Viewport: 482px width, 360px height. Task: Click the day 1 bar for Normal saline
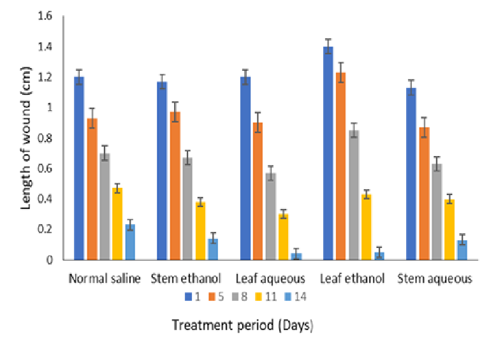pos(79,168)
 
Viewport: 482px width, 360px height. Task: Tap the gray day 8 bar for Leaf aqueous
pos(270,216)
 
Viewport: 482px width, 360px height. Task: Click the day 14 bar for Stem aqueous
pos(462,250)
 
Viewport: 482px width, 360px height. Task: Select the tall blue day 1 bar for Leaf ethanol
pos(328,153)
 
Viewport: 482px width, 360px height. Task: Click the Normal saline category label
pos(105,279)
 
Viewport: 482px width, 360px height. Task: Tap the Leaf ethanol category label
pos(353,279)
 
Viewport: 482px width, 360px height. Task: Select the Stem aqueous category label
pos(435,279)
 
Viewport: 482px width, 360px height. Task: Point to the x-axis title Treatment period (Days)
pos(242,326)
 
